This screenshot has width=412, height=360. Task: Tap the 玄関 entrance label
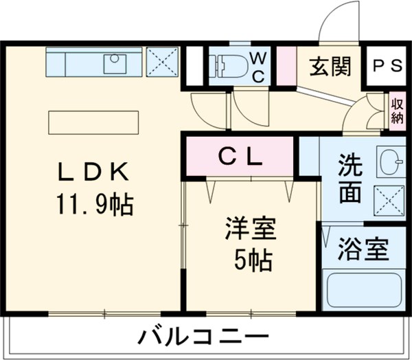[330, 67]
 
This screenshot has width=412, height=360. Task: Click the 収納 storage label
[397, 111]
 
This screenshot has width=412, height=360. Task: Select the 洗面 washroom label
[350, 179]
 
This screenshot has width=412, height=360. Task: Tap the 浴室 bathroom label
[363, 249]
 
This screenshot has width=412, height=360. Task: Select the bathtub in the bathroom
[362, 291]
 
